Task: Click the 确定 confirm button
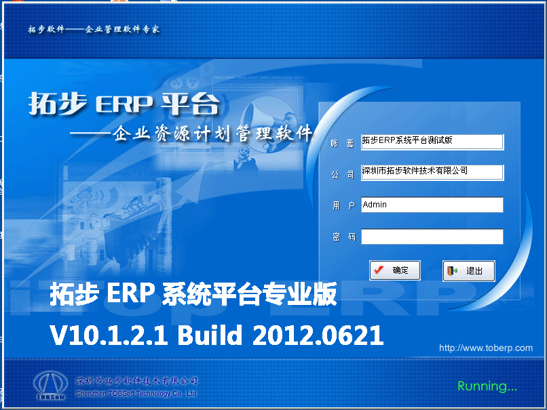(394, 270)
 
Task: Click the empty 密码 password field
(432, 237)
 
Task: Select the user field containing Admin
(432, 205)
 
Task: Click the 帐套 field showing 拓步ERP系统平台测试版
(432, 141)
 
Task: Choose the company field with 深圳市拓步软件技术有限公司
(432, 172)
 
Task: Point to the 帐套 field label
(343, 142)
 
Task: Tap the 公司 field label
(343, 174)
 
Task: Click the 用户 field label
(343, 205)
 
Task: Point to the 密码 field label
(343, 237)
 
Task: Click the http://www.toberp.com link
(485, 348)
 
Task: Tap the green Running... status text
(487, 386)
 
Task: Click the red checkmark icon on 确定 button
(379, 270)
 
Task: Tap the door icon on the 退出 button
(453, 271)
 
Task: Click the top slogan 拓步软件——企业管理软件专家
(94, 30)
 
